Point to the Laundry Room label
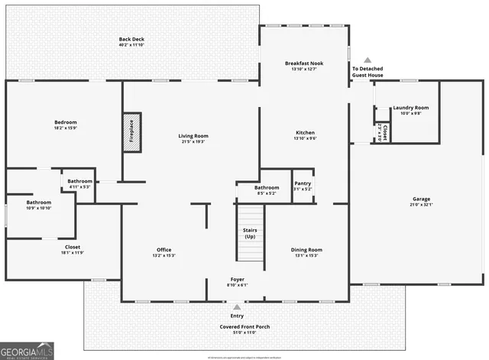coord(411,108)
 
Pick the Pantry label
coord(303,183)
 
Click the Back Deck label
coord(131,39)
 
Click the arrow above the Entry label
coord(237,305)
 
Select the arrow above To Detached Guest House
coord(367,60)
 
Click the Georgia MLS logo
coord(27,350)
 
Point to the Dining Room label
coord(306,249)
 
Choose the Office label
coord(164,249)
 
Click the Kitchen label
coord(305,132)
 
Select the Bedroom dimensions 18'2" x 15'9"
coord(65,128)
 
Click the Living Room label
coord(194,135)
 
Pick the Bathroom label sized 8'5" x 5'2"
coord(267,187)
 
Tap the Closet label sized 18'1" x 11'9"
coord(73,247)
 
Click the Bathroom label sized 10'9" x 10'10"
coord(40,203)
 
